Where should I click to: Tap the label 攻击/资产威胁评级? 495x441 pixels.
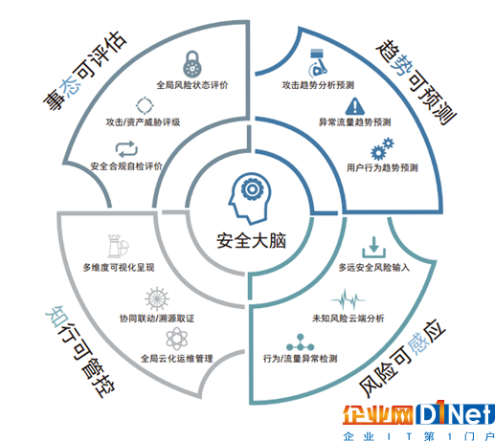pyautogui.click(x=143, y=122)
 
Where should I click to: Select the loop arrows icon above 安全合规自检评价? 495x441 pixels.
pyautogui.click(x=126, y=149)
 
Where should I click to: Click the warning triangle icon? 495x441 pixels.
pyautogui.click(x=354, y=106)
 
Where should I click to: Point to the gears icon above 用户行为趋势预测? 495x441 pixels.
pyautogui.click(x=382, y=149)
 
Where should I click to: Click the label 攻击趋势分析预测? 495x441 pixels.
pyautogui.click(x=318, y=85)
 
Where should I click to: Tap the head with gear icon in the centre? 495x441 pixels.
pyautogui.click(x=250, y=198)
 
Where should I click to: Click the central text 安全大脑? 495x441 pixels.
pyautogui.click(x=251, y=241)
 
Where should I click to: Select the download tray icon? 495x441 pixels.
pyautogui.click(x=373, y=247)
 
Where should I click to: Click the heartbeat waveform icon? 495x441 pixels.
pyautogui.click(x=348, y=299)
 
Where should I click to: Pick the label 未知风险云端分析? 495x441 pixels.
pyautogui.click(x=348, y=319)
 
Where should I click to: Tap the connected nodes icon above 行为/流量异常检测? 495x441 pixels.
pyautogui.click(x=300, y=342)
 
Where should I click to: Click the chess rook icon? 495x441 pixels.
pyautogui.click(x=118, y=246)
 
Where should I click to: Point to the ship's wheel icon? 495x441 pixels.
pyautogui.click(x=157, y=299)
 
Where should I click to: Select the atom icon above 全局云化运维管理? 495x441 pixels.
pyautogui.click(x=177, y=339)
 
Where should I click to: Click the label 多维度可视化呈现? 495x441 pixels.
pyautogui.click(x=119, y=267)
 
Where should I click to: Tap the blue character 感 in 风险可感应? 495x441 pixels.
pyautogui.click(x=418, y=343)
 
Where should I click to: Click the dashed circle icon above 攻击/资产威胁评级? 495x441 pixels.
pyautogui.click(x=145, y=105)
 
